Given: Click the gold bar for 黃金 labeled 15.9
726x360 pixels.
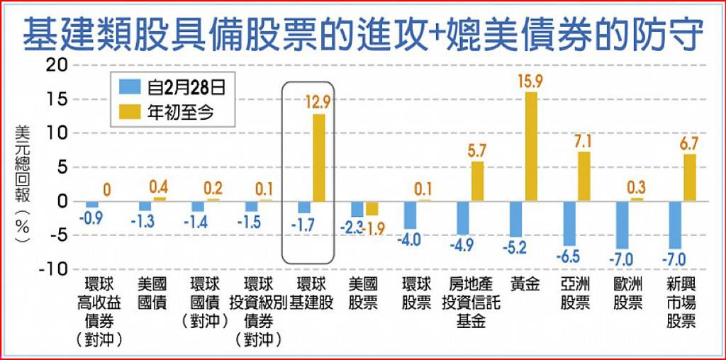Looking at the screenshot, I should coord(531,146).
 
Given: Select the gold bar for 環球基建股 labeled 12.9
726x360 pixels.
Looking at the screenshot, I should coord(319,157).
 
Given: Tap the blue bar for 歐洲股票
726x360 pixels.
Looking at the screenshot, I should coord(622,225).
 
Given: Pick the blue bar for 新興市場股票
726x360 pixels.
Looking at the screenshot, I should coord(674,225).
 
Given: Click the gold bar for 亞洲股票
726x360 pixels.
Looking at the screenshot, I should coord(583,176).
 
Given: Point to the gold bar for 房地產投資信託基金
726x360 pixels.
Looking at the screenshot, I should coord(478,181).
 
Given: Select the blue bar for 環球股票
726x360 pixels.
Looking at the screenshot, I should coord(411,215).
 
